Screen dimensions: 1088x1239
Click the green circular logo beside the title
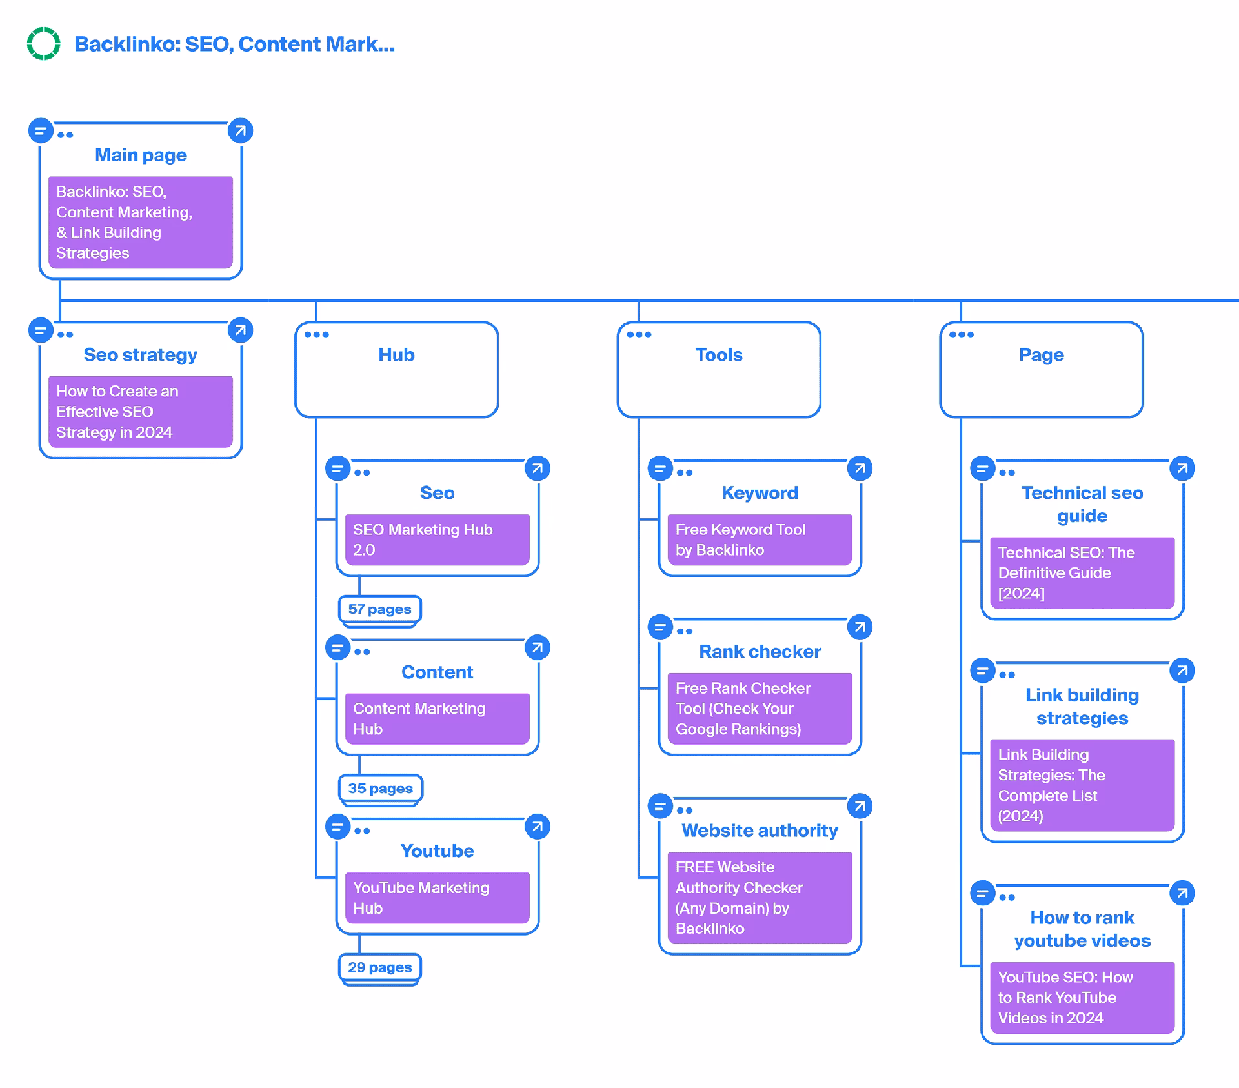pos(44,44)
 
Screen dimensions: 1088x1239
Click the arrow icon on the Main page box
pos(240,131)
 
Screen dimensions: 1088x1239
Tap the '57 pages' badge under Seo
pos(379,609)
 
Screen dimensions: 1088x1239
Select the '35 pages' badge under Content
pos(380,788)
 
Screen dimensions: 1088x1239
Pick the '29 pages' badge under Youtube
pos(379,967)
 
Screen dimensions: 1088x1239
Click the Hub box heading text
pos(396,355)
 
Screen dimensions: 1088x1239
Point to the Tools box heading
pos(718,355)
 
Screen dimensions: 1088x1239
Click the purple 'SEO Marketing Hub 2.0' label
pos(437,539)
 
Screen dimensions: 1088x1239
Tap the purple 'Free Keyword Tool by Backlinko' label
pos(760,539)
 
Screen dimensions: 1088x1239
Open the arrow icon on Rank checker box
pos(860,627)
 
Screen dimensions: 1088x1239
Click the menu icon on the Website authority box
pos(660,806)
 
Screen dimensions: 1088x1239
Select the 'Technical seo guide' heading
pos(1082,504)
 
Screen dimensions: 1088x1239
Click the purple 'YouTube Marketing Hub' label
pos(437,898)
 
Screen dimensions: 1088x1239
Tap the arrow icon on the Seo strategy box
pos(240,330)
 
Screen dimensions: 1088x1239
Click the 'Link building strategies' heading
pos(1082,706)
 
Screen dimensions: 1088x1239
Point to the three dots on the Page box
pos(961,334)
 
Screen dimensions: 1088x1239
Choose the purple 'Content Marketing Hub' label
pos(437,718)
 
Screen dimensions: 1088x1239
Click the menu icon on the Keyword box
pos(660,468)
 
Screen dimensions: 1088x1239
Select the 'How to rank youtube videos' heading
pos(1082,929)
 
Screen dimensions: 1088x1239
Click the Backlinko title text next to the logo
pos(234,44)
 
